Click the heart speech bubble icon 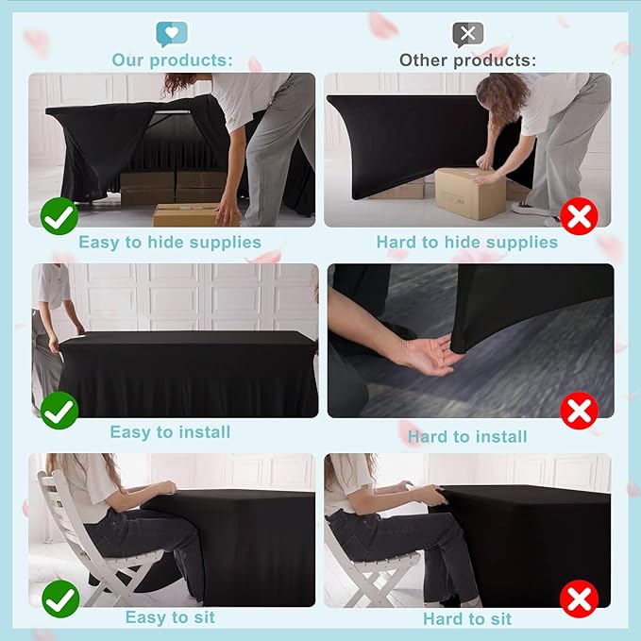click(x=172, y=34)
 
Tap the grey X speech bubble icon click(x=468, y=34)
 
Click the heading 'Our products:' click(x=172, y=60)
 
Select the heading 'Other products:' click(x=467, y=60)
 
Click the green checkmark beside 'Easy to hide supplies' click(x=59, y=216)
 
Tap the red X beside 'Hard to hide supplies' click(x=580, y=216)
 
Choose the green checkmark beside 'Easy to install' click(x=59, y=411)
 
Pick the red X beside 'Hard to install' click(x=580, y=411)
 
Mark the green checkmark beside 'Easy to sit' click(x=60, y=599)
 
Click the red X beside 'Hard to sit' click(x=580, y=599)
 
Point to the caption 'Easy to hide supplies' click(x=170, y=243)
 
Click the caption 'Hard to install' click(x=467, y=437)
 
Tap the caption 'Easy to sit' click(x=170, y=617)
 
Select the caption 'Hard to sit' click(x=467, y=619)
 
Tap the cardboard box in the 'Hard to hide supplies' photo click(x=470, y=194)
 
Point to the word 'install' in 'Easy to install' click(x=204, y=432)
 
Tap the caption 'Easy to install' click(x=170, y=432)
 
